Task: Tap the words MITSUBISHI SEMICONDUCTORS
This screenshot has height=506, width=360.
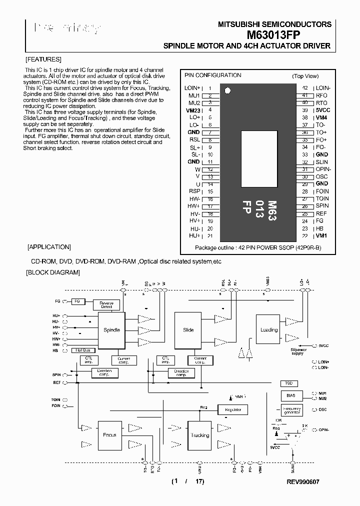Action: coord(274,24)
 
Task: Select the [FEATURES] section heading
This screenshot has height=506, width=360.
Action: coord(43,59)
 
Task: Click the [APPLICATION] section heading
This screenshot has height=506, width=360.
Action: coord(48,247)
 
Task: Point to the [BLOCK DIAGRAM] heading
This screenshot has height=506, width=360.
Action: coord(52,272)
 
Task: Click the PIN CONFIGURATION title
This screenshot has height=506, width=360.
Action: coord(212,75)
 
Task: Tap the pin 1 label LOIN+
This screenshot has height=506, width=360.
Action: coord(192,88)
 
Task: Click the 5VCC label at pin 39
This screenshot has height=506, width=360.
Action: coord(322,110)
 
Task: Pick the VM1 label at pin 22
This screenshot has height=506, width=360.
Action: coord(321,235)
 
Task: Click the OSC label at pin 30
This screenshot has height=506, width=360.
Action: coord(321,176)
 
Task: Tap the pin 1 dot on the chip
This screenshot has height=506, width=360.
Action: coord(228,90)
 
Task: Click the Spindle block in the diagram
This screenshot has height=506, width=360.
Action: coord(111,330)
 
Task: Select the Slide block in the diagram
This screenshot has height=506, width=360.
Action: coord(188,330)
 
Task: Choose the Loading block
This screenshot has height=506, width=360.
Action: coord(269,330)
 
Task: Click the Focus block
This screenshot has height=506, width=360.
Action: coord(109,435)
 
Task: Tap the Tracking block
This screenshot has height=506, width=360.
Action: coord(200,435)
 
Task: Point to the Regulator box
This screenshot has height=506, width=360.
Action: coord(232,409)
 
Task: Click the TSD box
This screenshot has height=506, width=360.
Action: coord(289,383)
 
